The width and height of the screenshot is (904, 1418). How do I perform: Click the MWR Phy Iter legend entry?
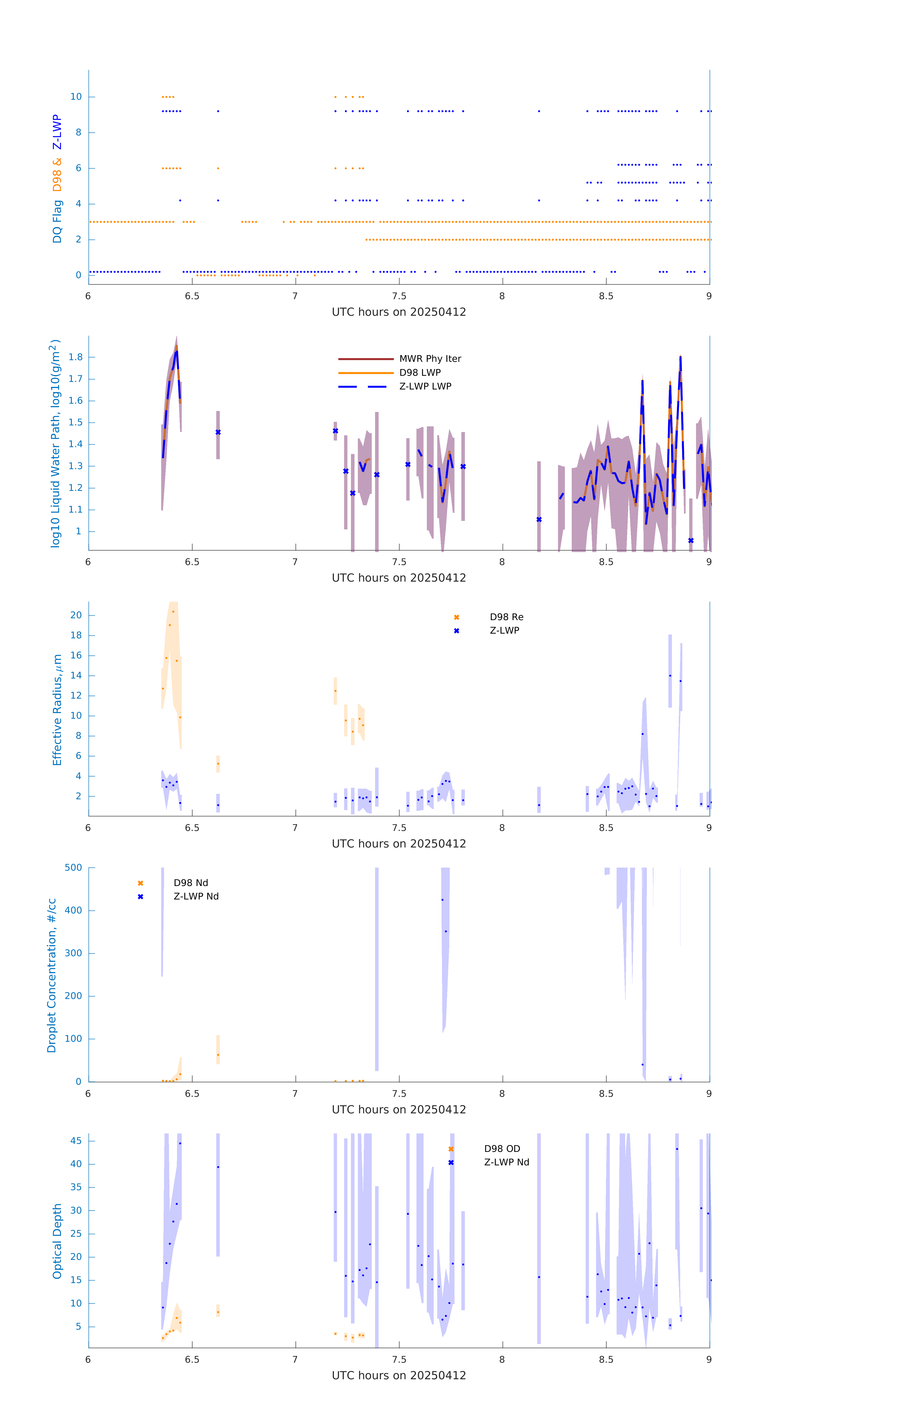pos(430,359)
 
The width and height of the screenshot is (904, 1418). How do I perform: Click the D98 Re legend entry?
pos(506,617)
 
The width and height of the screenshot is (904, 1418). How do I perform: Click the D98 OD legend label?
pos(502,1148)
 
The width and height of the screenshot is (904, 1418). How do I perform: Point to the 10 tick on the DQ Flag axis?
pos(76,97)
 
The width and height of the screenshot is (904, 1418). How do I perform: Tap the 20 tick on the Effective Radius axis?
pos(76,615)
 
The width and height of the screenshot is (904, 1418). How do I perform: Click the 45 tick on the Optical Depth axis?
pos(76,1141)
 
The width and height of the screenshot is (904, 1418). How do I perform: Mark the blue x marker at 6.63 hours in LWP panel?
pos(218,432)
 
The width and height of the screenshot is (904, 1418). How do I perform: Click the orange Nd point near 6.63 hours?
pos(218,1055)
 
